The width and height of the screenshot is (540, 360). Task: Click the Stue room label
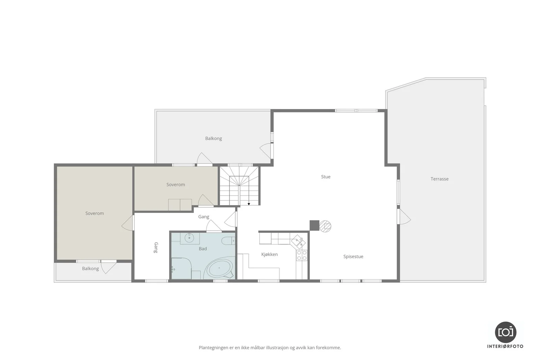326,177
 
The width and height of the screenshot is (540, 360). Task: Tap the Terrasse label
439,179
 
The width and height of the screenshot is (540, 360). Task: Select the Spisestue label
353,256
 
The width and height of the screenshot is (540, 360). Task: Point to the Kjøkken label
270,254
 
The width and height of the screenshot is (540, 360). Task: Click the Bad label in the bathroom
203,248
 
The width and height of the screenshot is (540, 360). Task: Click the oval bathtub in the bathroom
219,269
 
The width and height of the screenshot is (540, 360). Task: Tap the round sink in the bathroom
189,239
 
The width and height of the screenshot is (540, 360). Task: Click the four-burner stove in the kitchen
302,255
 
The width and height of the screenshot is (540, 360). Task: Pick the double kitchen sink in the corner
298,242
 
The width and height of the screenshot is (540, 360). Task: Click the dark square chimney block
314,225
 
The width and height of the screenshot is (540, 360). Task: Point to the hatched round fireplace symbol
325,226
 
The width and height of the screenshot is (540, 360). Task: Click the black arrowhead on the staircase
249,204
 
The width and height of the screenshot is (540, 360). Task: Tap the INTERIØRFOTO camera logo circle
506,332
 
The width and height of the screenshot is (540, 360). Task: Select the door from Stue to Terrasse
404,217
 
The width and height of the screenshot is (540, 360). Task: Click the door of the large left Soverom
128,223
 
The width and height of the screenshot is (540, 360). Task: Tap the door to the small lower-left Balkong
109,267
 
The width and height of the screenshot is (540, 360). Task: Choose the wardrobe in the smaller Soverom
180,205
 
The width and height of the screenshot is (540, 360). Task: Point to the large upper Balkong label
213,138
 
